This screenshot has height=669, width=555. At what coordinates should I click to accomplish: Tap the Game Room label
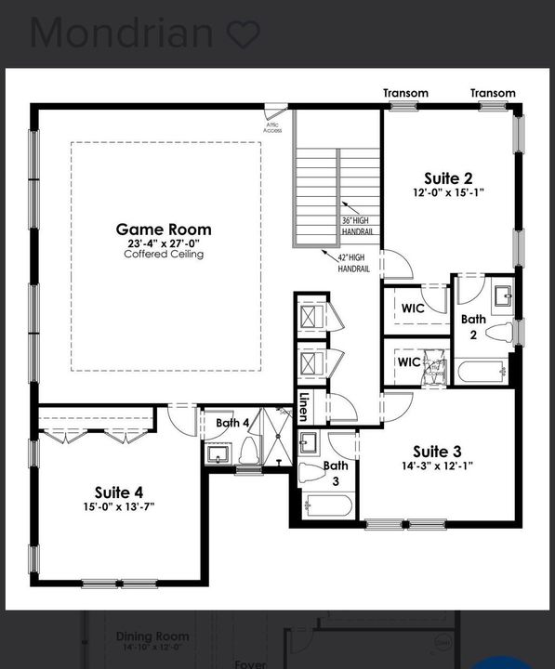click(164, 229)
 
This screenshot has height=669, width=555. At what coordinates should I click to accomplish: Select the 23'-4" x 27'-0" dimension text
click(164, 243)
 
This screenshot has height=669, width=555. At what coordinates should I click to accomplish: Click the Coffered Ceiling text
click(164, 254)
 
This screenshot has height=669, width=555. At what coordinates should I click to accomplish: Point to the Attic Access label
click(272, 127)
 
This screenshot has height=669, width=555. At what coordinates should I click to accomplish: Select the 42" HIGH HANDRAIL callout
click(353, 264)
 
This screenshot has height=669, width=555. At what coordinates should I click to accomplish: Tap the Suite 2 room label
click(448, 178)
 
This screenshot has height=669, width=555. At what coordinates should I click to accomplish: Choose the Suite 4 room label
click(119, 492)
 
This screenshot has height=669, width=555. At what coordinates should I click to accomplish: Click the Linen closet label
click(304, 406)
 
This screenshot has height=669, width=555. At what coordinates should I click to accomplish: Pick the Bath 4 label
click(232, 424)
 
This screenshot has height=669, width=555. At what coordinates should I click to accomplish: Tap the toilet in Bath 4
click(249, 453)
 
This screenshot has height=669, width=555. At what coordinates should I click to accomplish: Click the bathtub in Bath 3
click(328, 506)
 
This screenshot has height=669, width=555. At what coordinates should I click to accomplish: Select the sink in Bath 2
click(502, 296)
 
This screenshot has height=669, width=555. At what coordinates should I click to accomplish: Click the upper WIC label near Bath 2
click(412, 308)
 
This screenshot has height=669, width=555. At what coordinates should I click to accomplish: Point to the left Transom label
click(406, 93)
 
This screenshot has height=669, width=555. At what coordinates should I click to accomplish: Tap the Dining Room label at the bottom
click(152, 636)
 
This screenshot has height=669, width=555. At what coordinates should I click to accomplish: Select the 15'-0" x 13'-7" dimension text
click(119, 506)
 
